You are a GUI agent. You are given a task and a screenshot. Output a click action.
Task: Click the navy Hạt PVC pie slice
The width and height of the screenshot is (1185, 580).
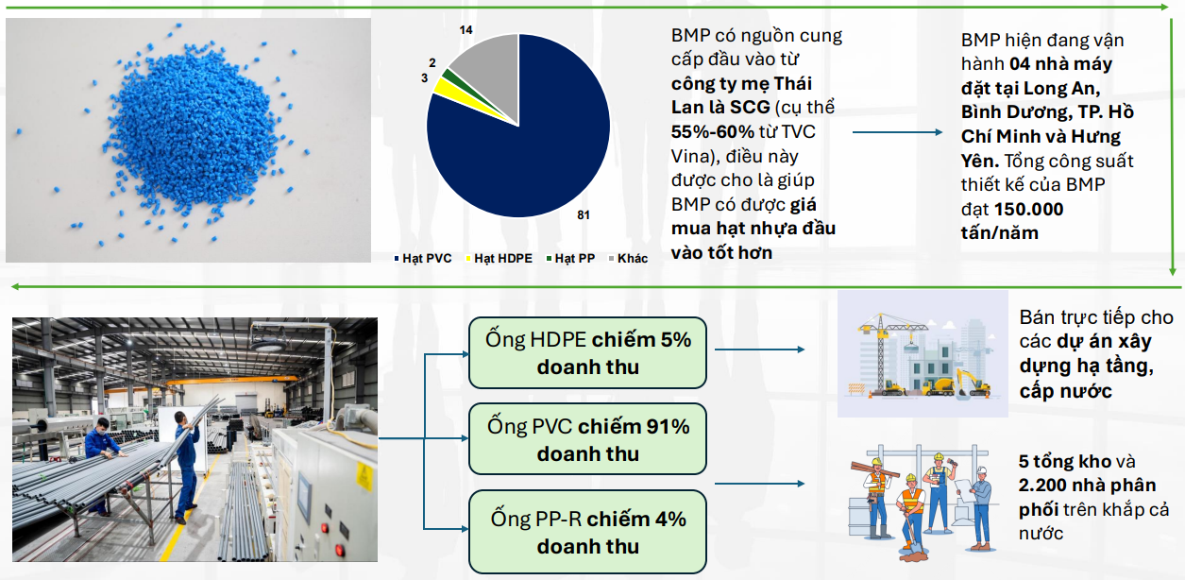click(x=529, y=153)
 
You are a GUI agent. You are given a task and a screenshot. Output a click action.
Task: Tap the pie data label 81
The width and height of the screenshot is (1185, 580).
click(x=583, y=214)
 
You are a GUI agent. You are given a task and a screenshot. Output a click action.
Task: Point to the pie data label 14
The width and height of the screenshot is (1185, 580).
click(x=466, y=30)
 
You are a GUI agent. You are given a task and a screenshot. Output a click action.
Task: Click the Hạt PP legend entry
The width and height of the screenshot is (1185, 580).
click(x=570, y=258)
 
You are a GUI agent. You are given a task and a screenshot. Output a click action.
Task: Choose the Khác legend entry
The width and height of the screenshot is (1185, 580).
click(x=629, y=258)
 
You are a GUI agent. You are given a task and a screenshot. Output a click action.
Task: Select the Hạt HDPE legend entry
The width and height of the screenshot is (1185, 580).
click(x=499, y=258)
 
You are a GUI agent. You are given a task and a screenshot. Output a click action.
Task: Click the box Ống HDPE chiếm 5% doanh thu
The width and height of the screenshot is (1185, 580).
click(x=587, y=353)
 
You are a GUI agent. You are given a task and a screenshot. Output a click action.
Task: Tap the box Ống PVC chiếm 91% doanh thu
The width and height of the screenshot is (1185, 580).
click(x=587, y=439)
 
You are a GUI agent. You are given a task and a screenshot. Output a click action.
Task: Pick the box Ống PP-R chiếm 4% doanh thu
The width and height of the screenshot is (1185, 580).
click(x=587, y=532)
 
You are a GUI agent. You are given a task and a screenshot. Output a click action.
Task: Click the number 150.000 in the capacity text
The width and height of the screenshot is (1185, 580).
click(x=1028, y=209)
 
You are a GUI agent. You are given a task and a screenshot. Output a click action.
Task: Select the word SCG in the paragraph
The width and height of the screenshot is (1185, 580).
click(x=750, y=108)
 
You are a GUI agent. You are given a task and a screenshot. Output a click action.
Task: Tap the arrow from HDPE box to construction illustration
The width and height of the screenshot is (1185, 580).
click(x=760, y=350)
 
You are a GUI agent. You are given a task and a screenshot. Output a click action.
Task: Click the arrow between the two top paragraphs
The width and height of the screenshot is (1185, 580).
click(x=898, y=132)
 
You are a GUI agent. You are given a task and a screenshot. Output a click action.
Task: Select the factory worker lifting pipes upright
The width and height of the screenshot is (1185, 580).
click(x=186, y=466)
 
